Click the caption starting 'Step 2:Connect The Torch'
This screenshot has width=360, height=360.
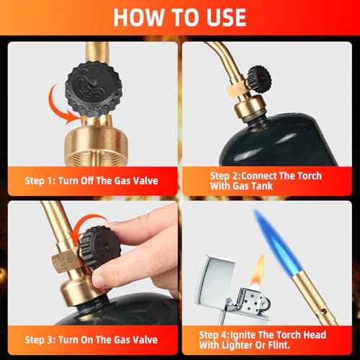tap(266, 181)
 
